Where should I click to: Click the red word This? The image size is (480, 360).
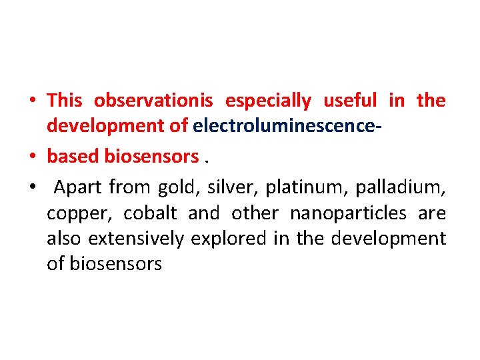click(65, 101)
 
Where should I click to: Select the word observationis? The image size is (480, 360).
click(153, 101)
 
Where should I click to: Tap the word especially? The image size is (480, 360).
click(268, 101)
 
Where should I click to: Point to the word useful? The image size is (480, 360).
click(350, 101)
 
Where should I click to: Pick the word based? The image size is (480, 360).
click(73, 156)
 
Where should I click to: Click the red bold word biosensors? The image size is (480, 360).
click(152, 156)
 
